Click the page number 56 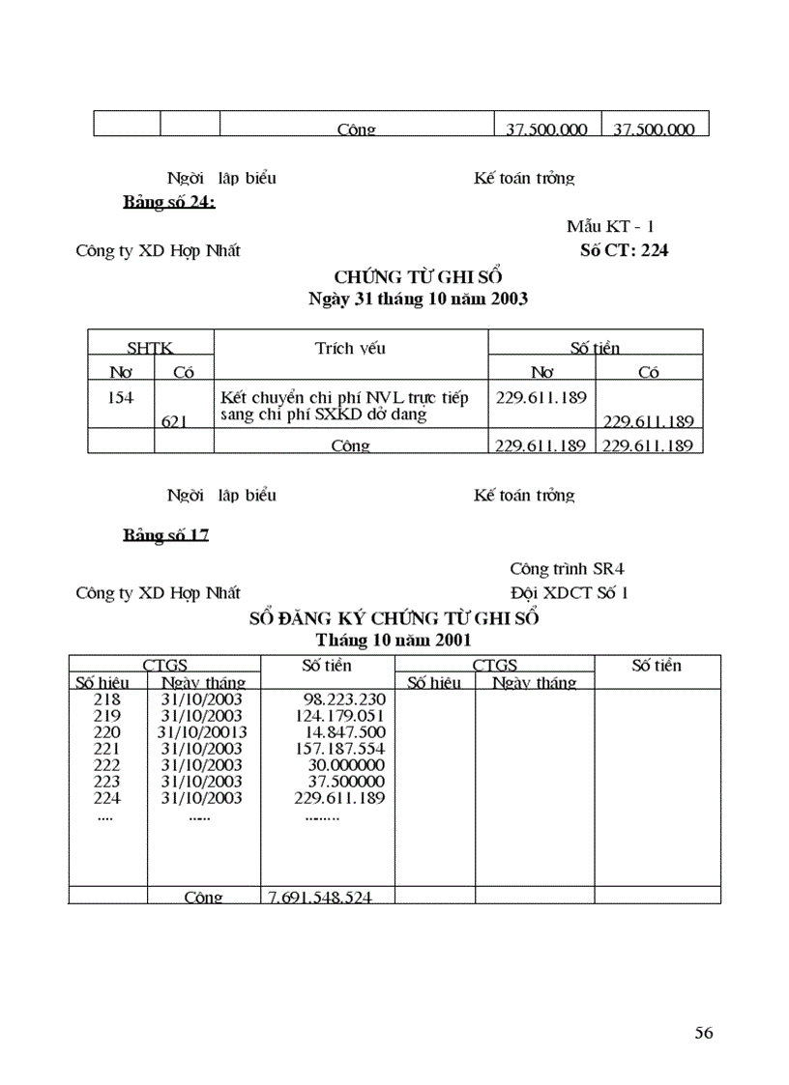[x=703, y=1033]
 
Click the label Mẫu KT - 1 [x=610, y=226]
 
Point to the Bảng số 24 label [x=168, y=202]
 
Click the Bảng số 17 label [x=165, y=534]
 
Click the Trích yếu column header [x=350, y=348]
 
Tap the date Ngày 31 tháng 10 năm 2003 [x=417, y=299]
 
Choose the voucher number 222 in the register [x=106, y=764]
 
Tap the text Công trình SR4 [x=573, y=569]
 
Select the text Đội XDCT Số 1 [x=569, y=592]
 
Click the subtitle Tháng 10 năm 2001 [x=394, y=640]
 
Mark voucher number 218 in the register [x=106, y=699]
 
